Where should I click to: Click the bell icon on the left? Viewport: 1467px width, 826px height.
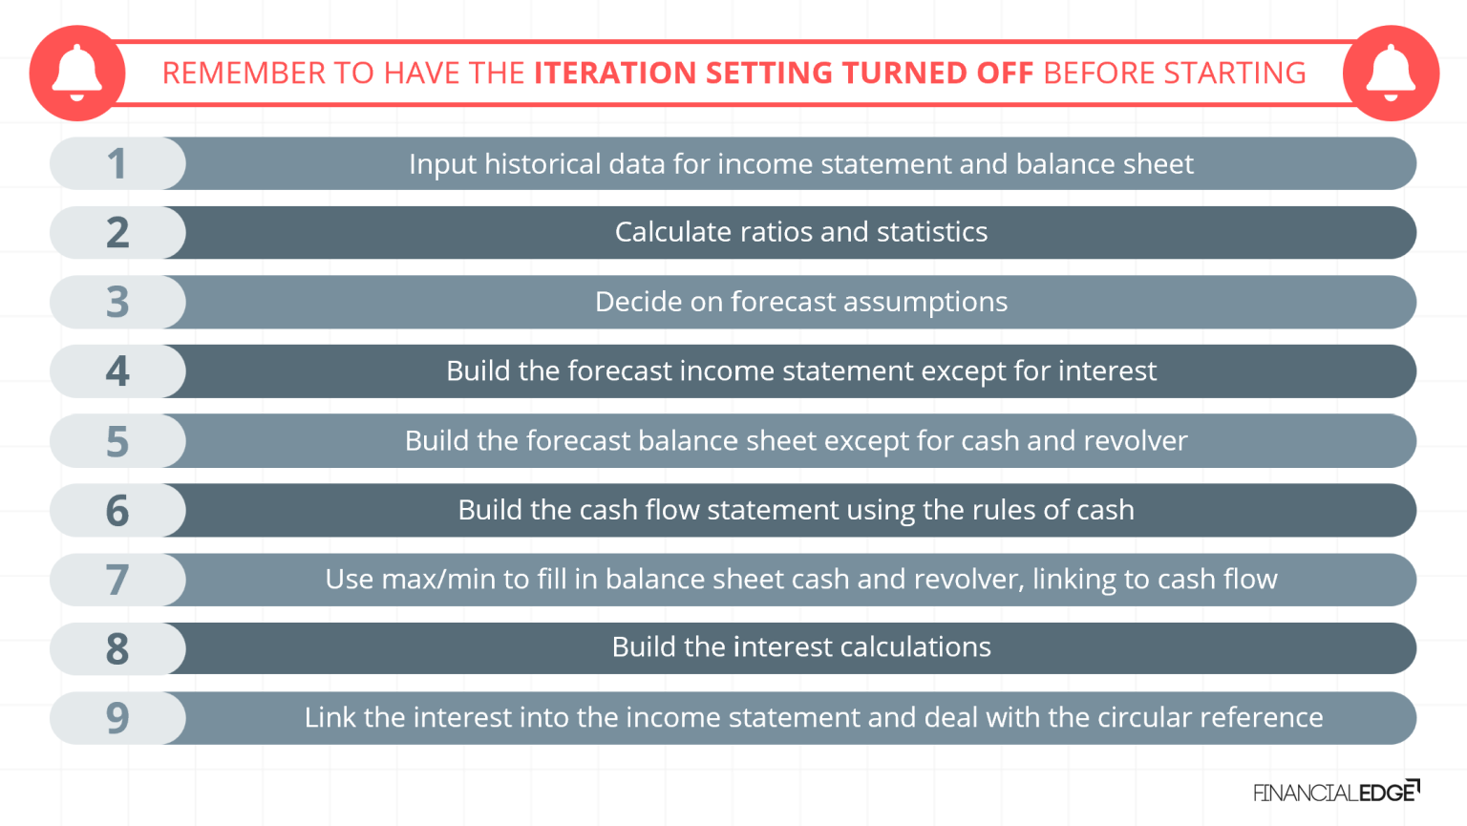pos(76,74)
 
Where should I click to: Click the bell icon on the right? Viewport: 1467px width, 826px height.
pos(1391,74)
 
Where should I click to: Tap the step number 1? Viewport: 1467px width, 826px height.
pos(117,164)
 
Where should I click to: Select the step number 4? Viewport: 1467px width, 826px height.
pos(117,371)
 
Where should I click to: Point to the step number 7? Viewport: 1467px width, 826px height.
pos(117,580)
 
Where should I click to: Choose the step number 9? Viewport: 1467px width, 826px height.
pos(117,718)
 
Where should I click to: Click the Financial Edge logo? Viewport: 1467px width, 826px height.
pos(1335,792)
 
